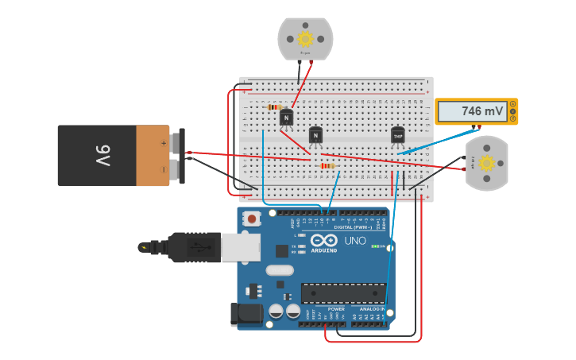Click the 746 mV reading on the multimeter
coord(482,112)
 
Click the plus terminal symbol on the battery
coord(164,144)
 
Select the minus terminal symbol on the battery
coord(164,168)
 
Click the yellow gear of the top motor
coord(305,38)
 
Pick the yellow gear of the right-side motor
coord(486,163)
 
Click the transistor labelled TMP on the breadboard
coord(398,136)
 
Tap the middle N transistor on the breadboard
coord(315,136)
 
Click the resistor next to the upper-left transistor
coord(275,106)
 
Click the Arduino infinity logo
coord(323,241)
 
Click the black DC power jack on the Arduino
coord(246,315)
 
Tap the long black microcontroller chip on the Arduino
coord(343,293)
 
